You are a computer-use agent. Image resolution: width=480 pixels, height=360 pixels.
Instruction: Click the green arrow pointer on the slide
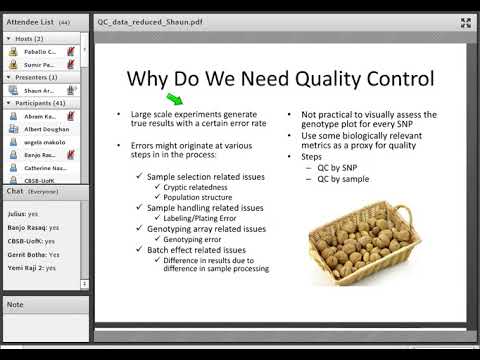click(x=174, y=98)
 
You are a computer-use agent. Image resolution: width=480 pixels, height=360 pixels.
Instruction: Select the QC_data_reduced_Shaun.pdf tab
click(x=150, y=20)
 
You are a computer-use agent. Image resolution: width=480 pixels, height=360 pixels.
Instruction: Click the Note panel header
click(x=15, y=304)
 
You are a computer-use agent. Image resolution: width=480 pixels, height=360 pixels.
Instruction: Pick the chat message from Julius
click(x=26, y=213)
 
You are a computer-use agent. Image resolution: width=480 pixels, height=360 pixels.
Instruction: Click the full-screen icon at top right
click(x=465, y=22)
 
